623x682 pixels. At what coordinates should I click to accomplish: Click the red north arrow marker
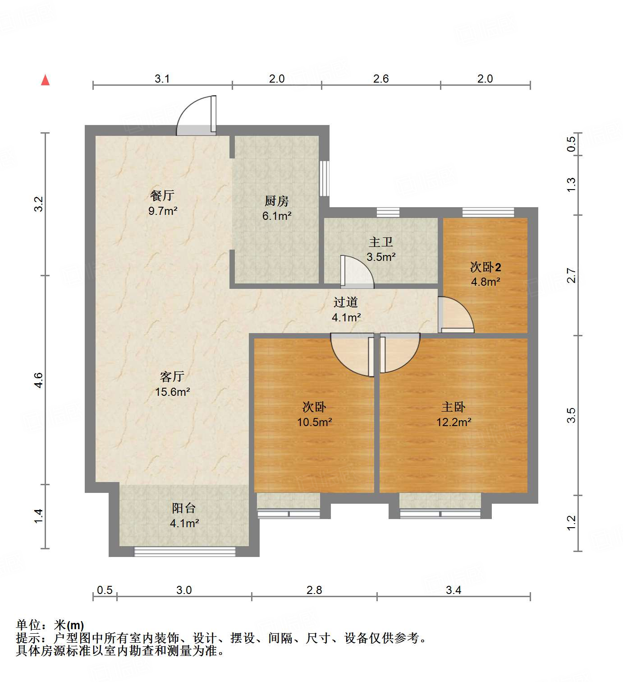click(45, 80)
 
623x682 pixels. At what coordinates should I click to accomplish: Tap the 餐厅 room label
click(162, 195)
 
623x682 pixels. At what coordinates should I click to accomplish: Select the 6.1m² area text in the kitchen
click(277, 216)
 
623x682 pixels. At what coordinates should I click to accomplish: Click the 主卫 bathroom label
click(381, 242)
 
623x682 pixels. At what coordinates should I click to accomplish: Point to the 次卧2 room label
click(486, 267)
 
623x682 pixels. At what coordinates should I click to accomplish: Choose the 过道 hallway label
click(346, 302)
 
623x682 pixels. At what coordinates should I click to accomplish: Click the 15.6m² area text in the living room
click(172, 392)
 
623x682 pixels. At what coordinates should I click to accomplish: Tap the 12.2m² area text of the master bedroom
click(454, 422)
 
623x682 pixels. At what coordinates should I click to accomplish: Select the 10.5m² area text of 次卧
click(314, 422)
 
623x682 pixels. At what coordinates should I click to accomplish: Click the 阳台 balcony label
click(184, 508)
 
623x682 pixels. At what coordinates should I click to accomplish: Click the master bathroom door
click(356, 272)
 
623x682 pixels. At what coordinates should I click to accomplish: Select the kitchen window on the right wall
click(324, 178)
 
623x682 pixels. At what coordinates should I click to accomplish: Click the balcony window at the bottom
click(185, 551)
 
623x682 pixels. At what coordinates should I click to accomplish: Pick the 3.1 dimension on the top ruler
click(162, 79)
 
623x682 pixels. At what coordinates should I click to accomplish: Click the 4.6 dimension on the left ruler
click(39, 380)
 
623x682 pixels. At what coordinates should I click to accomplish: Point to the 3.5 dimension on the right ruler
click(571, 415)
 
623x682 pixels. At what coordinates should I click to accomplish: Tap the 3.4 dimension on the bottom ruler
click(454, 590)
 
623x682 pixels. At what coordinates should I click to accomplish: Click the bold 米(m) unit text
click(69, 625)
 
